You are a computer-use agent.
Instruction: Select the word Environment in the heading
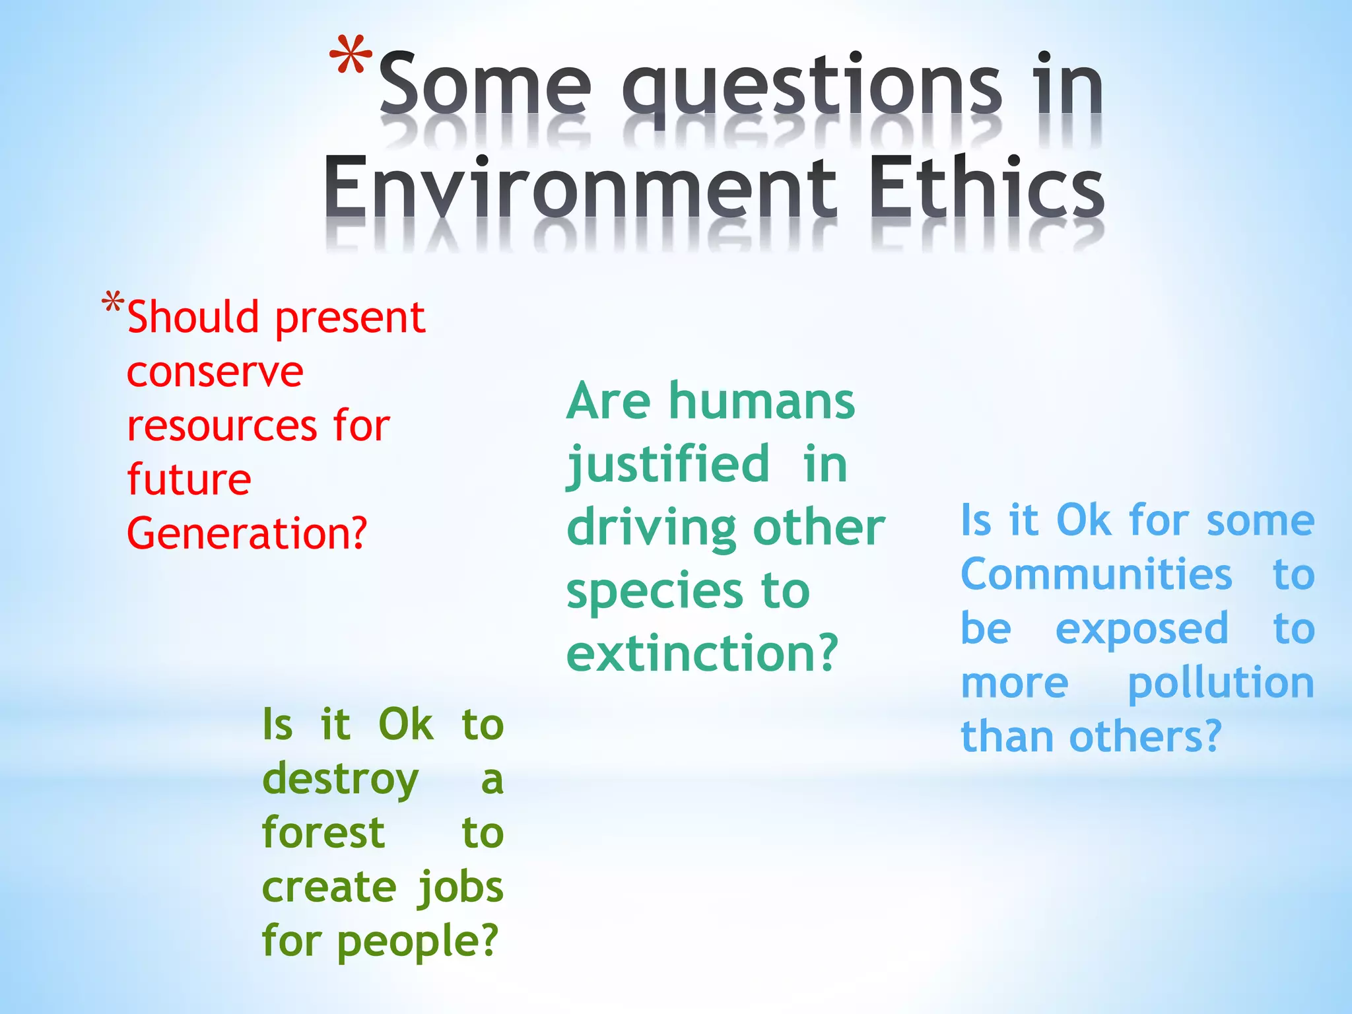click(580, 187)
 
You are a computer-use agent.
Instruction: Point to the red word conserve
click(215, 373)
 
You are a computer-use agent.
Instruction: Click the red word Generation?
click(246, 533)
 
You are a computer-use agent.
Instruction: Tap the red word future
click(189, 480)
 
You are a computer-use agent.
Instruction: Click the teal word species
click(654, 591)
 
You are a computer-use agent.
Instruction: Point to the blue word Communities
click(1096, 574)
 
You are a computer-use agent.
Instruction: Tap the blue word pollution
click(1221, 684)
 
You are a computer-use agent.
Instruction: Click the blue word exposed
click(1141, 629)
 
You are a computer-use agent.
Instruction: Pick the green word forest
click(323, 833)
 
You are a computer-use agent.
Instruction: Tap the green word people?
click(417, 941)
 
